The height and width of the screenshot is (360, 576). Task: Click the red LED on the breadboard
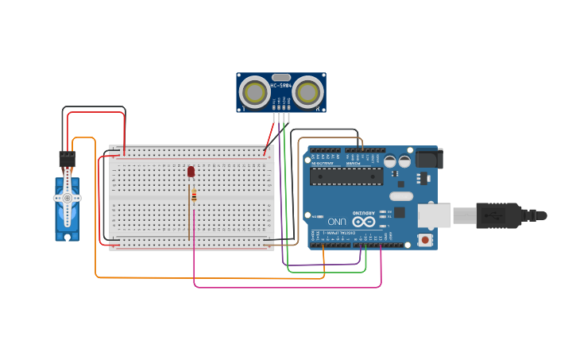click(191, 171)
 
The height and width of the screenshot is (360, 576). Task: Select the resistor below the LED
click(193, 195)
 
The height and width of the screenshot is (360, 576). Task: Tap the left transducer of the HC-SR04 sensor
click(254, 92)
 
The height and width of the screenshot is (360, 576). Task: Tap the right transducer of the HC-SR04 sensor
click(307, 92)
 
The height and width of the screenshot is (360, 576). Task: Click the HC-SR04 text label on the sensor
click(280, 85)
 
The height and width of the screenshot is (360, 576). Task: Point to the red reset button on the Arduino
click(426, 239)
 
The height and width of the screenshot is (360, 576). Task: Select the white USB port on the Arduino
click(435, 215)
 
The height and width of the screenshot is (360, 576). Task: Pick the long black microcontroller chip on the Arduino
click(346, 176)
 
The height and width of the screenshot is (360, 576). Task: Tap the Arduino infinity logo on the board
click(364, 222)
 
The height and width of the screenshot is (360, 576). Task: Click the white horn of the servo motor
click(68, 198)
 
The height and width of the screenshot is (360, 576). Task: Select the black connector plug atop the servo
click(67, 158)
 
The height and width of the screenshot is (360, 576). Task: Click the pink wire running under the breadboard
click(286, 287)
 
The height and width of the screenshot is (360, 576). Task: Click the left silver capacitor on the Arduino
click(390, 161)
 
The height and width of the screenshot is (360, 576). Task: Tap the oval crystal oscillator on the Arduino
click(401, 196)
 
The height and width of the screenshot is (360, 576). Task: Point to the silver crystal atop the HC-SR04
click(280, 77)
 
